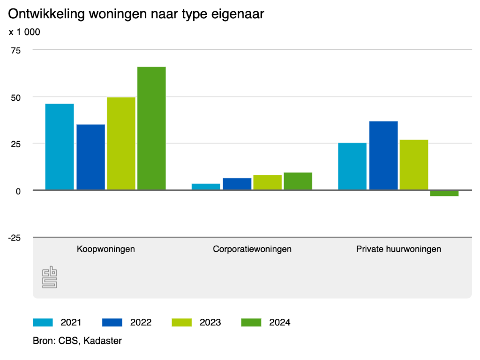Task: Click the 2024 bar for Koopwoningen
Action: (151, 128)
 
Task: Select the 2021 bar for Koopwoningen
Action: (60, 147)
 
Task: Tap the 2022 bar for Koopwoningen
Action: (90, 157)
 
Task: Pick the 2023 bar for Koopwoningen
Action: (121, 143)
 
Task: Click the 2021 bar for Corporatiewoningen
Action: (206, 187)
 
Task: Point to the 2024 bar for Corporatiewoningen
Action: (298, 181)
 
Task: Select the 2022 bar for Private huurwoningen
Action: (383, 156)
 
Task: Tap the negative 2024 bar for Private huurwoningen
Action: (444, 193)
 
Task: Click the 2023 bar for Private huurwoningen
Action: (414, 165)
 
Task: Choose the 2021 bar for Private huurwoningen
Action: (352, 166)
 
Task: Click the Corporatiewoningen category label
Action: (252, 249)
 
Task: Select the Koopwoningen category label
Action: (106, 249)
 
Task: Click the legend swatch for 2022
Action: (112, 322)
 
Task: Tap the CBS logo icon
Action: (49, 277)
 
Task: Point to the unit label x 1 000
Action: (24, 32)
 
